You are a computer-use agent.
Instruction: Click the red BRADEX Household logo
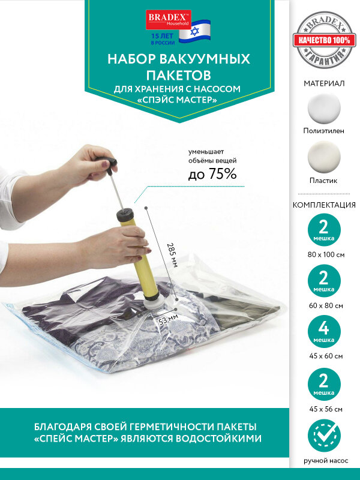point(169,20)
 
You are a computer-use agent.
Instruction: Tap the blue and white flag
point(194,31)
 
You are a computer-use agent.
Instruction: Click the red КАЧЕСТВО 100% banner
point(324,40)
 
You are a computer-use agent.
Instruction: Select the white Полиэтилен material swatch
point(324,109)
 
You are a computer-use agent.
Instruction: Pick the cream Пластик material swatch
point(324,157)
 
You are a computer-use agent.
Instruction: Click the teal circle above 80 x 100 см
point(324,230)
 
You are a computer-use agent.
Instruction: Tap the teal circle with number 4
point(324,332)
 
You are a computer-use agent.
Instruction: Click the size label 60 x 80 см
point(326,305)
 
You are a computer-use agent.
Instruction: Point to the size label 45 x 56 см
point(326,409)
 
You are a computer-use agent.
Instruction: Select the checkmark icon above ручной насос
point(324,436)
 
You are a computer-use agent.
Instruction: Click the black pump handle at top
point(106,163)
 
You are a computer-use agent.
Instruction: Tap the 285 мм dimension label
point(172,255)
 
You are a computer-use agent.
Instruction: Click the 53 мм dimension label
point(168,320)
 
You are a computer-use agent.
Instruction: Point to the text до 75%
point(212,174)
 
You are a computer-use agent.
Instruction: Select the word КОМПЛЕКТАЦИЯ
point(324,205)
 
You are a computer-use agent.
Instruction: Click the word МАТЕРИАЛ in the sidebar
point(324,83)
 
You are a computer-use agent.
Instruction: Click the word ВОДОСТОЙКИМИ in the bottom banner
point(218,439)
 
